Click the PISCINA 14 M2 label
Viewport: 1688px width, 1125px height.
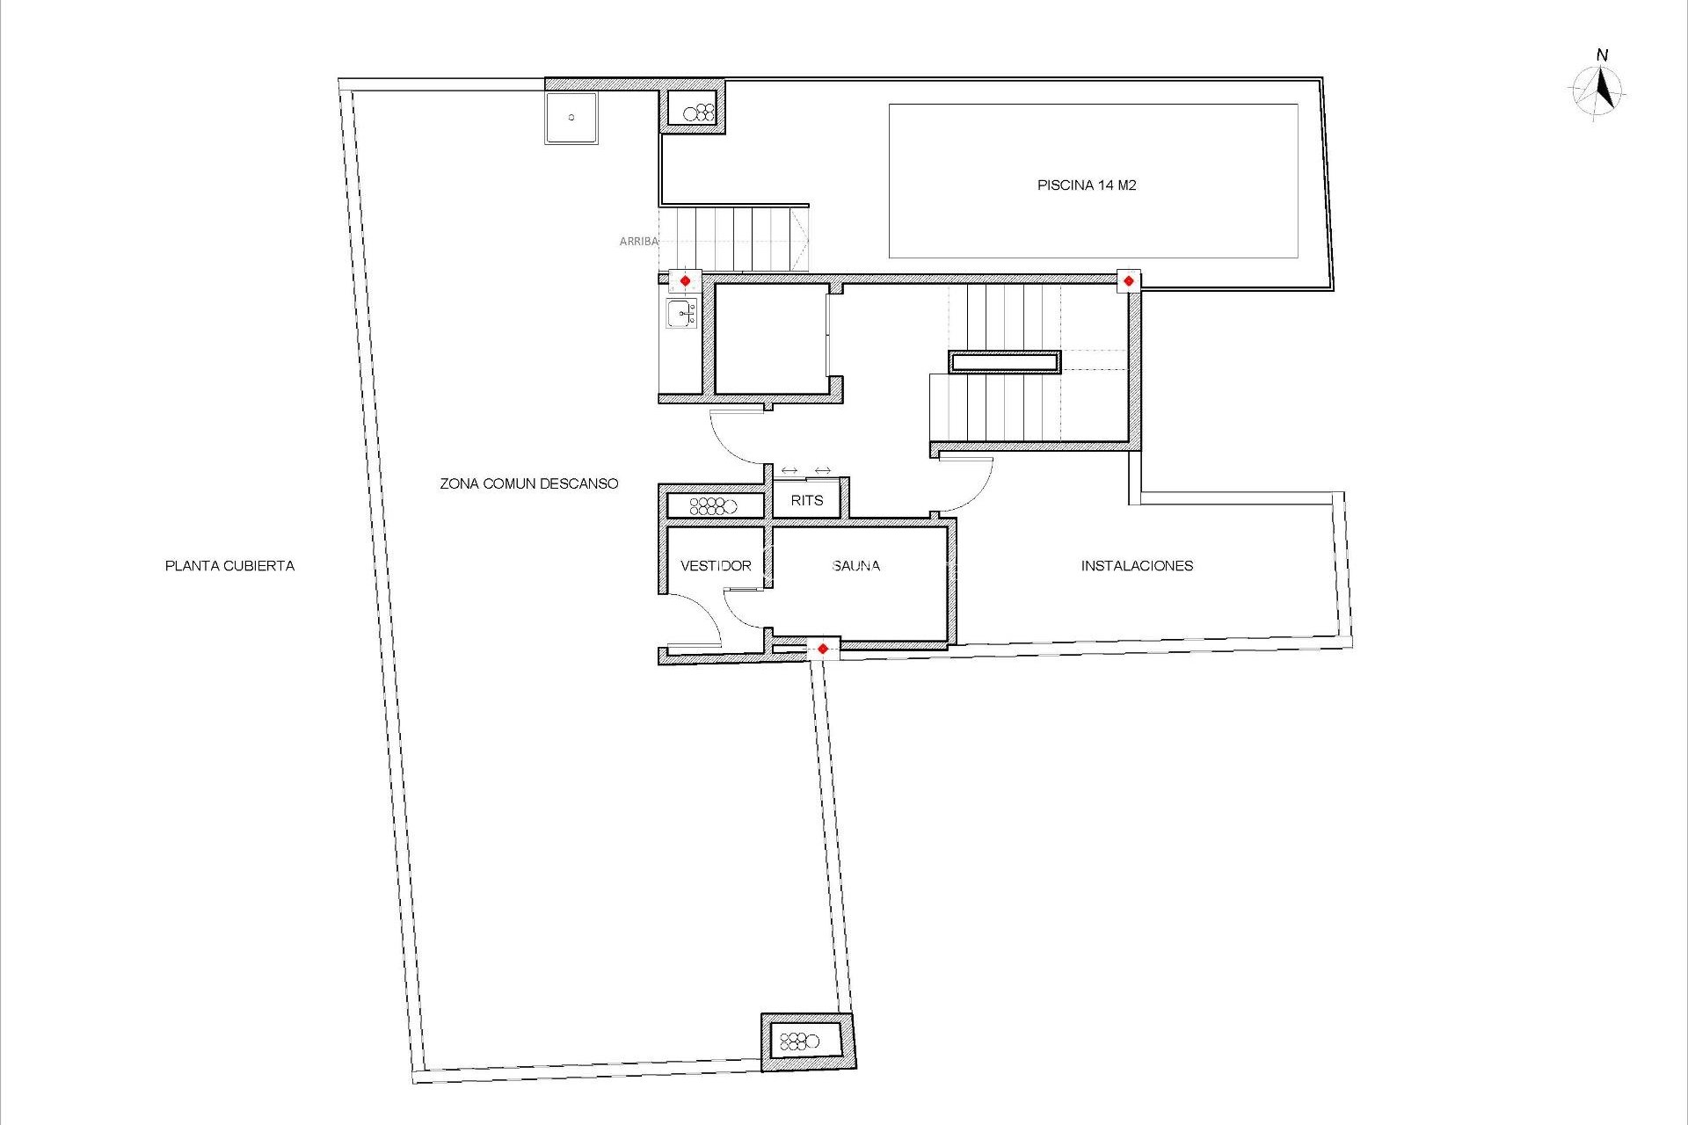1087,185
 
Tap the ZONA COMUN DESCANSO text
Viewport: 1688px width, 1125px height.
528,483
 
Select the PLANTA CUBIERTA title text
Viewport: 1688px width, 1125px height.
229,566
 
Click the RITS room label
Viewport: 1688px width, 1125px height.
806,500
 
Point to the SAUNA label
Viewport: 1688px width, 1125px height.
855,566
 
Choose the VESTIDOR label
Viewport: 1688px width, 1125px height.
716,566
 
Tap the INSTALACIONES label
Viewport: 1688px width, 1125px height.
1137,566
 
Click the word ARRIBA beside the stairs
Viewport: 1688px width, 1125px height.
638,241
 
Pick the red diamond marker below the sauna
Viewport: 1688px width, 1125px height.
822,649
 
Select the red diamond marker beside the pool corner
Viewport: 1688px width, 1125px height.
1129,281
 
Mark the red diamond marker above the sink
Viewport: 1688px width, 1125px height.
685,281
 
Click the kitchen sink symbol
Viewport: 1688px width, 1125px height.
682,313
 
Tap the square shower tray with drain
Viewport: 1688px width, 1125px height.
571,118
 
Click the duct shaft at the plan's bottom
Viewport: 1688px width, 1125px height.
807,1042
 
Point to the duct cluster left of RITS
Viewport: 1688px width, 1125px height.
714,505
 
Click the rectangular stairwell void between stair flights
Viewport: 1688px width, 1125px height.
1004,361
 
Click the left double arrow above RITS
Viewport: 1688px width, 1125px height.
789,471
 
